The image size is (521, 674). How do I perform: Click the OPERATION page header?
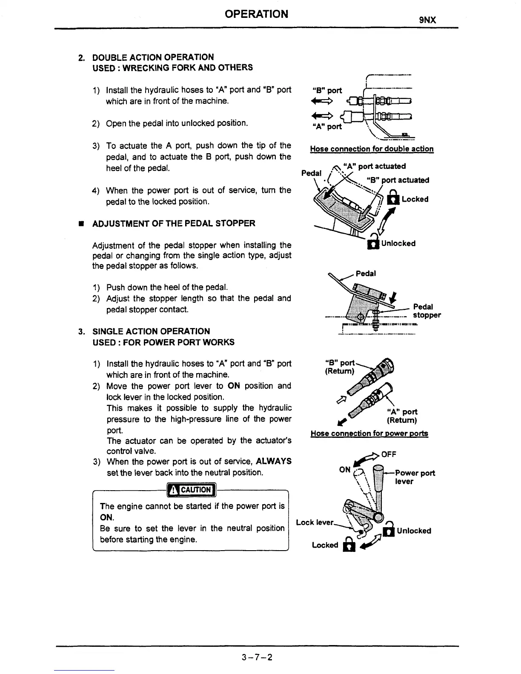click(x=256, y=14)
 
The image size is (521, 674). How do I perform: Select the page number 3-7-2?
click(x=257, y=657)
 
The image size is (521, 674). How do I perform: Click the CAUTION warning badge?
click(x=192, y=490)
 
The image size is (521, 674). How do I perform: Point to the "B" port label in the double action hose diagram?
click(x=327, y=90)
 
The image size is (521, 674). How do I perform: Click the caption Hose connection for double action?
click(x=372, y=149)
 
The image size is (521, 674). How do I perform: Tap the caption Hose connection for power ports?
click(x=369, y=433)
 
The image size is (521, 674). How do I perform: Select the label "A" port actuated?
click(x=374, y=166)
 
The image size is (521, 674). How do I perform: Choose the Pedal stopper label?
click(x=427, y=311)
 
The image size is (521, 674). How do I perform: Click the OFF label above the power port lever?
click(x=389, y=454)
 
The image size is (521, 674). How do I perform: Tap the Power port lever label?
click(x=415, y=477)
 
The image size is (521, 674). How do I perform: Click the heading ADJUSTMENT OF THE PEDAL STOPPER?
click(x=174, y=223)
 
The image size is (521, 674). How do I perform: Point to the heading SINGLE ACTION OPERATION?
click(x=151, y=331)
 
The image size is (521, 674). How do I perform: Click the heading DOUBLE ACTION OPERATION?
click(x=153, y=57)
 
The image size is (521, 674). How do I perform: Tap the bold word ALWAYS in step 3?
click(x=274, y=461)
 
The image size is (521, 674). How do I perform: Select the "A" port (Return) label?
click(x=402, y=416)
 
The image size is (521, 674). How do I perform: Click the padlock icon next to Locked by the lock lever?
click(x=349, y=545)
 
